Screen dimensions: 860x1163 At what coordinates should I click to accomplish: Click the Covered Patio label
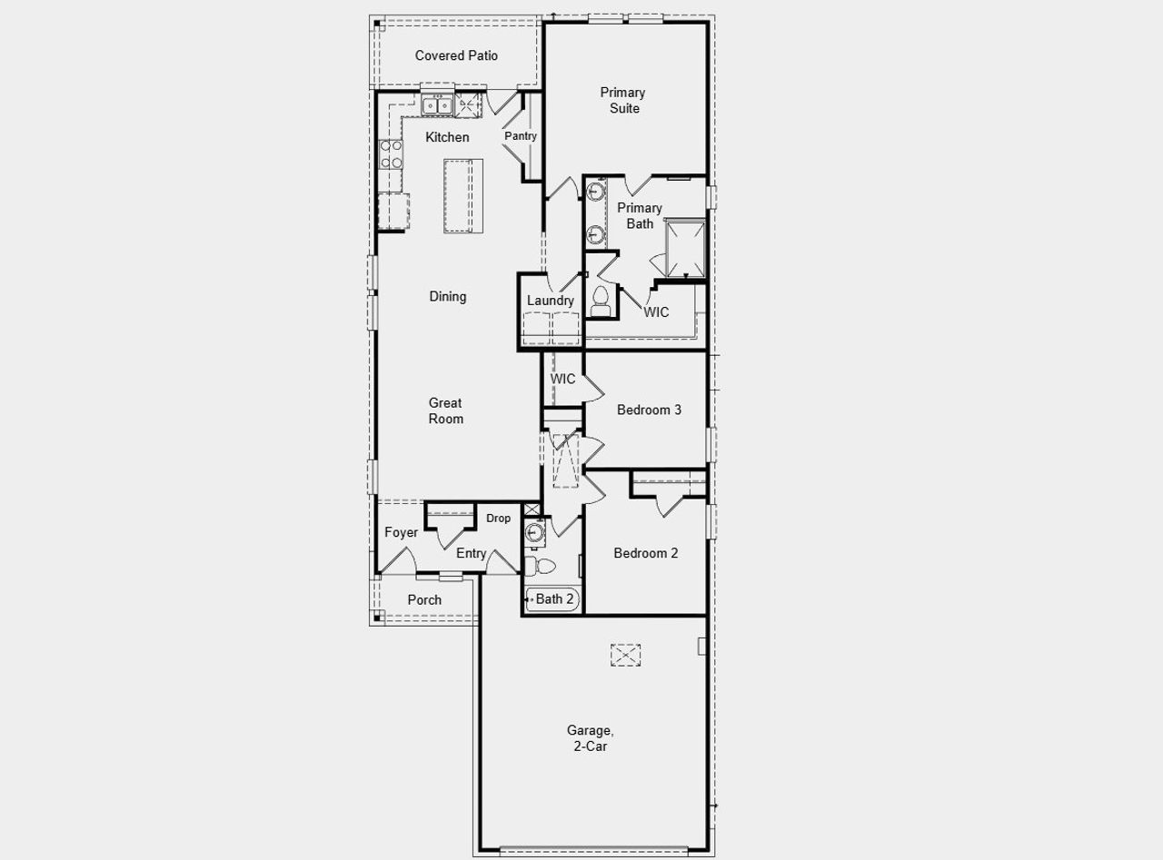456,55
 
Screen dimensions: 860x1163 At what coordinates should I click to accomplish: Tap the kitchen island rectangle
462,196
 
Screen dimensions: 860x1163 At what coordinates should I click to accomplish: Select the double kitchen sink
437,106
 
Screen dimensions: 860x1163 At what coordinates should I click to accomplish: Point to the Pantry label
521,136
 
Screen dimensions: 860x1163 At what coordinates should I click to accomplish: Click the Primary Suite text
622,100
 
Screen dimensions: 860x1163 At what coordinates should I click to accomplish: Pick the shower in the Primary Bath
685,248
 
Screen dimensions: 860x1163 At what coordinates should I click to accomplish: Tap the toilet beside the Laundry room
601,301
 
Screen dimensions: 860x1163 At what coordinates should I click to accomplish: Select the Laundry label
550,301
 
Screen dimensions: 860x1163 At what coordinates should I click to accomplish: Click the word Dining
447,296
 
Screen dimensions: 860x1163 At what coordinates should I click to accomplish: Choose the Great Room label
446,410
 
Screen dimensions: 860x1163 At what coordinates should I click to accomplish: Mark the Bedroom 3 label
649,410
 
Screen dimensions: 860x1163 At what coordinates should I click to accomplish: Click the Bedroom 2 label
645,553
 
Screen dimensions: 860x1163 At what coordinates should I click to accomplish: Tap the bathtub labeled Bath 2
552,599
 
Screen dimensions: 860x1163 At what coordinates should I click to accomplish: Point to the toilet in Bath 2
542,567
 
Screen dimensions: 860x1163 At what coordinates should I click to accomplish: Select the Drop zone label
498,519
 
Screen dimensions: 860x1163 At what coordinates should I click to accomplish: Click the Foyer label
401,532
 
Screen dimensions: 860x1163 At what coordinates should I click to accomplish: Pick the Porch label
424,599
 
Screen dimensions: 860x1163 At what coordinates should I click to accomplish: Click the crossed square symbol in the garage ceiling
625,655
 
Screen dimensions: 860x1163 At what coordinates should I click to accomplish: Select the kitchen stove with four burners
391,153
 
